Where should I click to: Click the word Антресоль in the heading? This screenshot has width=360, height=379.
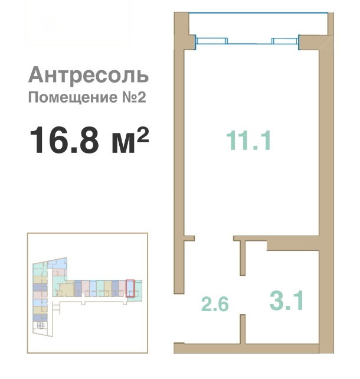[x=89, y=75]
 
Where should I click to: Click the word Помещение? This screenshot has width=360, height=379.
[x=73, y=97]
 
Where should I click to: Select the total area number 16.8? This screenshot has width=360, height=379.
[x=64, y=140]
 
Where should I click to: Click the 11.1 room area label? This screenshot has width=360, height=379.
[x=248, y=140]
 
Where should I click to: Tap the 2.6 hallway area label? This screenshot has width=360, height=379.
[x=215, y=304]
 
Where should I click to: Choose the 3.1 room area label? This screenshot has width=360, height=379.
[x=287, y=300]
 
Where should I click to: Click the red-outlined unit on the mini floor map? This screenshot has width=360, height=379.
[x=130, y=288]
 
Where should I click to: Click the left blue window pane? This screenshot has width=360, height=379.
[x=211, y=41]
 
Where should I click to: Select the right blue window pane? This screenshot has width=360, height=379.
[x=285, y=41]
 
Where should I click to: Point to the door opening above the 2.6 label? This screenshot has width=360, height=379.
[x=214, y=238]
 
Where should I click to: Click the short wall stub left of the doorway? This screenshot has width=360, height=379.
[x=189, y=238]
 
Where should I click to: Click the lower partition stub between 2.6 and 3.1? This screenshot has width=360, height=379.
[x=243, y=329]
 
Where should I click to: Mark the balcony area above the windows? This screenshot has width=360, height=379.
[x=258, y=24]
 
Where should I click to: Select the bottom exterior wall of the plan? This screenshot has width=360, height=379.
[x=247, y=348]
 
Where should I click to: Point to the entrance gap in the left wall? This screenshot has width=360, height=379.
[x=179, y=318]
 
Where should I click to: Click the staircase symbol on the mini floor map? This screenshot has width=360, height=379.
[x=41, y=325]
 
